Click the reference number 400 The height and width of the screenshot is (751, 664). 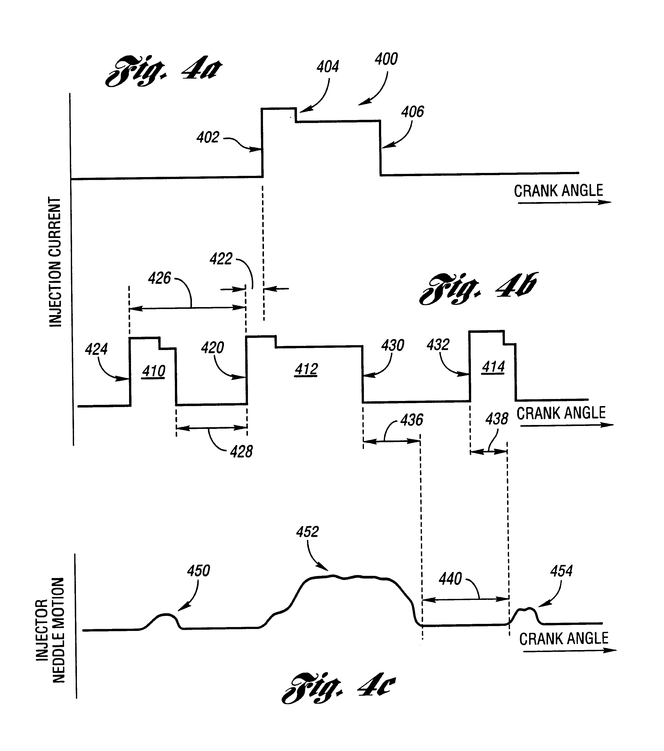[x=386, y=59]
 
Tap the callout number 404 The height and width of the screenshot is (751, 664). [x=328, y=67]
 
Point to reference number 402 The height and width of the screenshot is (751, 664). [x=208, y=137]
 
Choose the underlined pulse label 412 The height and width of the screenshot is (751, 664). [x=306, y=369]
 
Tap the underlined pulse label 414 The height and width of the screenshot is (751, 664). [x=493, y=367]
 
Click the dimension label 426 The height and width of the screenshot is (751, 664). [x=160, y=278]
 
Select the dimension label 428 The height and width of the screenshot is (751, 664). [x=241, y=452]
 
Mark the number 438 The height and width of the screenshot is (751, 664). [x=497, y=419]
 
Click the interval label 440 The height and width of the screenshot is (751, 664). [x=451, y=579]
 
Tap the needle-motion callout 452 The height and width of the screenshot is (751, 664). [x=308, y=532]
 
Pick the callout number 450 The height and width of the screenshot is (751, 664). [x=199, y=571]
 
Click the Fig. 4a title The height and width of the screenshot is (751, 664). [x=164, y=71]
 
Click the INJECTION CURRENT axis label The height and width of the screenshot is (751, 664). [x=56, y=262]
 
